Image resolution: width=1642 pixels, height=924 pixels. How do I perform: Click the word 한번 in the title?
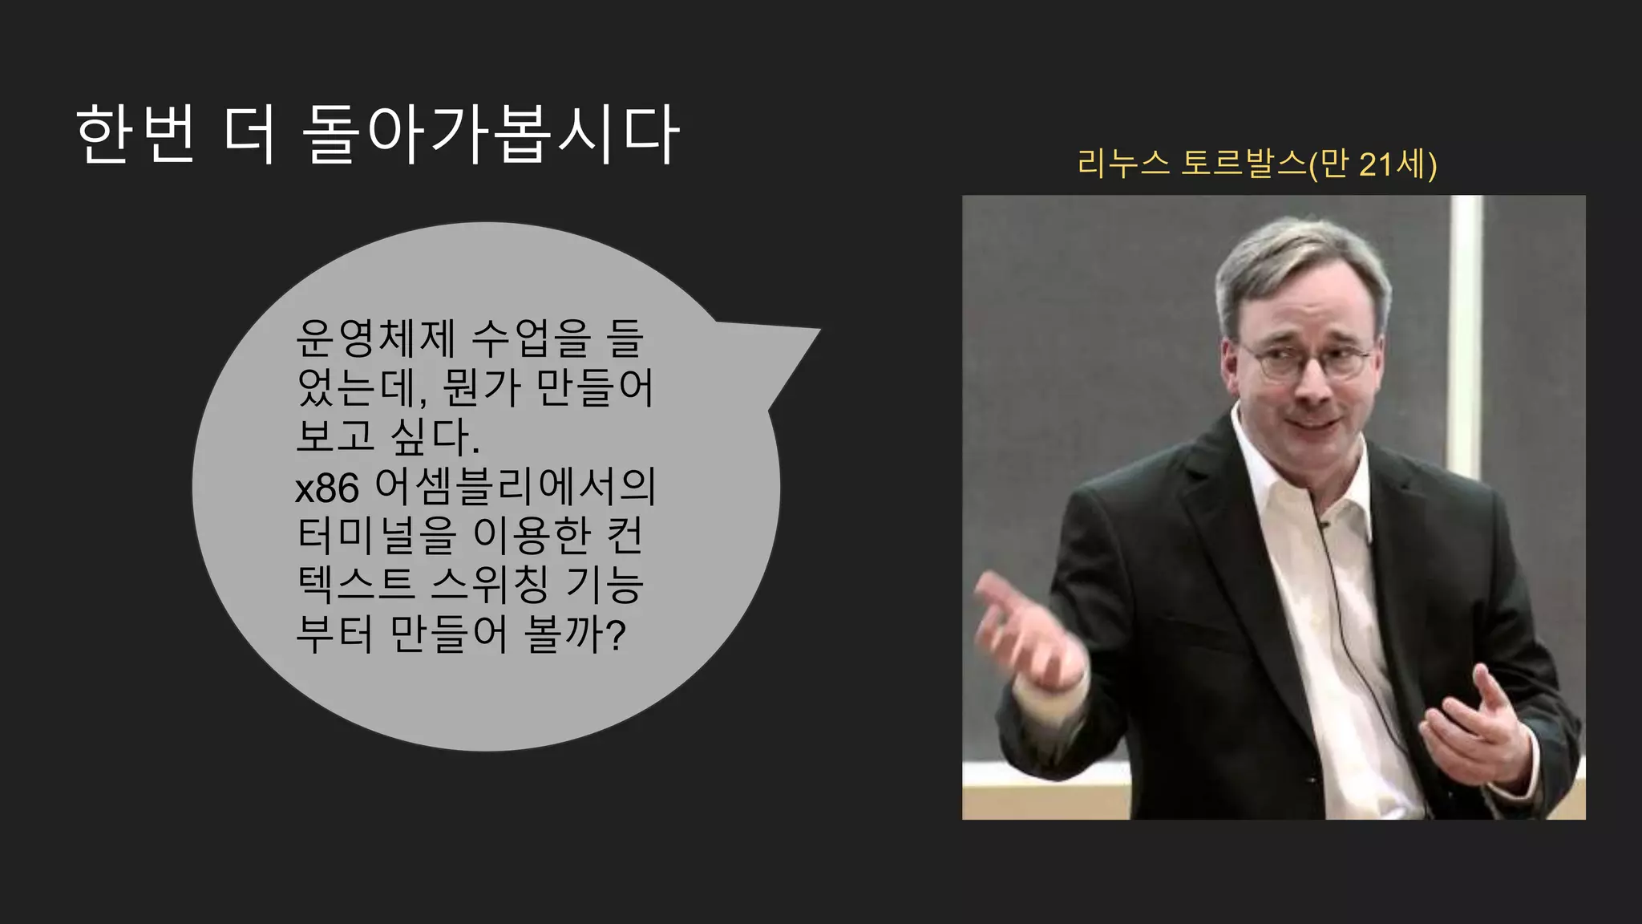tap(135, 134)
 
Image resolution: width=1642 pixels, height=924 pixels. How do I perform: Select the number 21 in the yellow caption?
tap(1376, 164)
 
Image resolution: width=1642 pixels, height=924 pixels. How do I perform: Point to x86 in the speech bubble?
tap(327, 488)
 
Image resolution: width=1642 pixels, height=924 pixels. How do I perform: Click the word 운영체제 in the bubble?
tap(375, 338)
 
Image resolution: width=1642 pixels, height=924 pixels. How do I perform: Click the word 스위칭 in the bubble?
tap(490, 585)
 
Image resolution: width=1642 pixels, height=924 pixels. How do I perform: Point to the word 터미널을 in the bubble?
tap(376, 536)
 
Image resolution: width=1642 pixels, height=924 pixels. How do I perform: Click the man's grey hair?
tap(1299, 257)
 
